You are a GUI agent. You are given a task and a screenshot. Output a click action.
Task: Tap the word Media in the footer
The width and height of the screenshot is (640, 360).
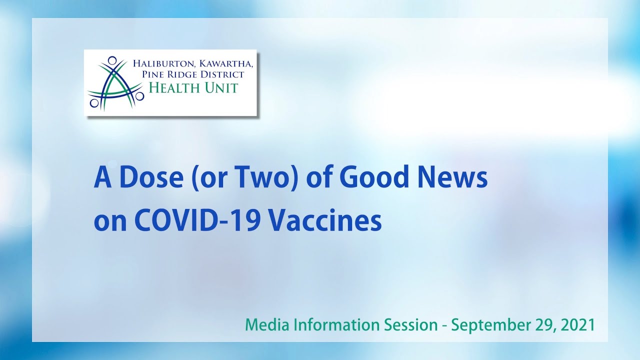click(x=265, y=325)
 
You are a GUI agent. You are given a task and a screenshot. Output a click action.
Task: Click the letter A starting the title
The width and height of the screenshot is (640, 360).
click(x=101, y=178)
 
